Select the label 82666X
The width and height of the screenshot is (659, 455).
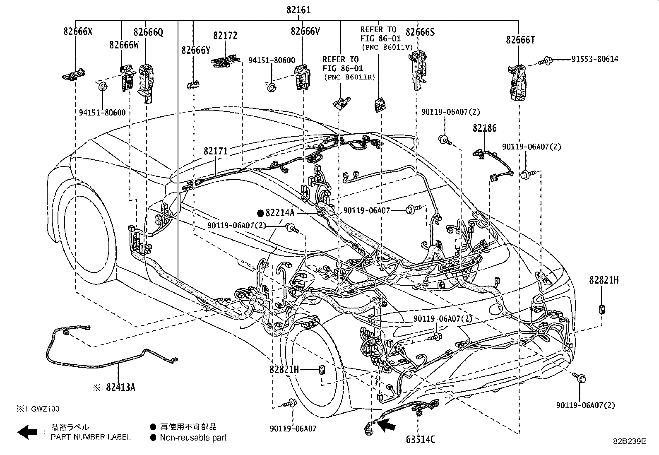pyautogui.click(x=78, y=31)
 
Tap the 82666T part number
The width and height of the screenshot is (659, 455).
pyautogui.click(x=520, y=40)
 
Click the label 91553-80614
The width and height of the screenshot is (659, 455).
pyautogui.click(x=595, y=59)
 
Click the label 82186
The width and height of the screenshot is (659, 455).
pyautogui.click(x=484, y=128)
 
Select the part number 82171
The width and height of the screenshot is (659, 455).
pyautogui.click(x=215, y=151)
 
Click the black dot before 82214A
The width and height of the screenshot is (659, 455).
pyautogui.click(x=260, y=213)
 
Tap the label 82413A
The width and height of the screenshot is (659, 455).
pyautogui.click(x=120, y=388)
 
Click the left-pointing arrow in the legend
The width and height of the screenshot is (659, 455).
pyautogui.click(x=27, y=432)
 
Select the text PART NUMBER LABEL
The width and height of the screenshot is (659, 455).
pyautogui.click(x=91, y=437)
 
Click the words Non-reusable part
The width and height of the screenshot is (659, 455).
pyautogui.click(x=193, y=437)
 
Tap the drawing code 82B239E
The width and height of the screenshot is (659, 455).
pyautogui.click(x=630, y=441)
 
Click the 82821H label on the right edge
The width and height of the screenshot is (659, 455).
pyautogui.click(x=604, y=280)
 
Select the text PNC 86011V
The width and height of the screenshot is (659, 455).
pyautogui.click(x=387, y=47)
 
